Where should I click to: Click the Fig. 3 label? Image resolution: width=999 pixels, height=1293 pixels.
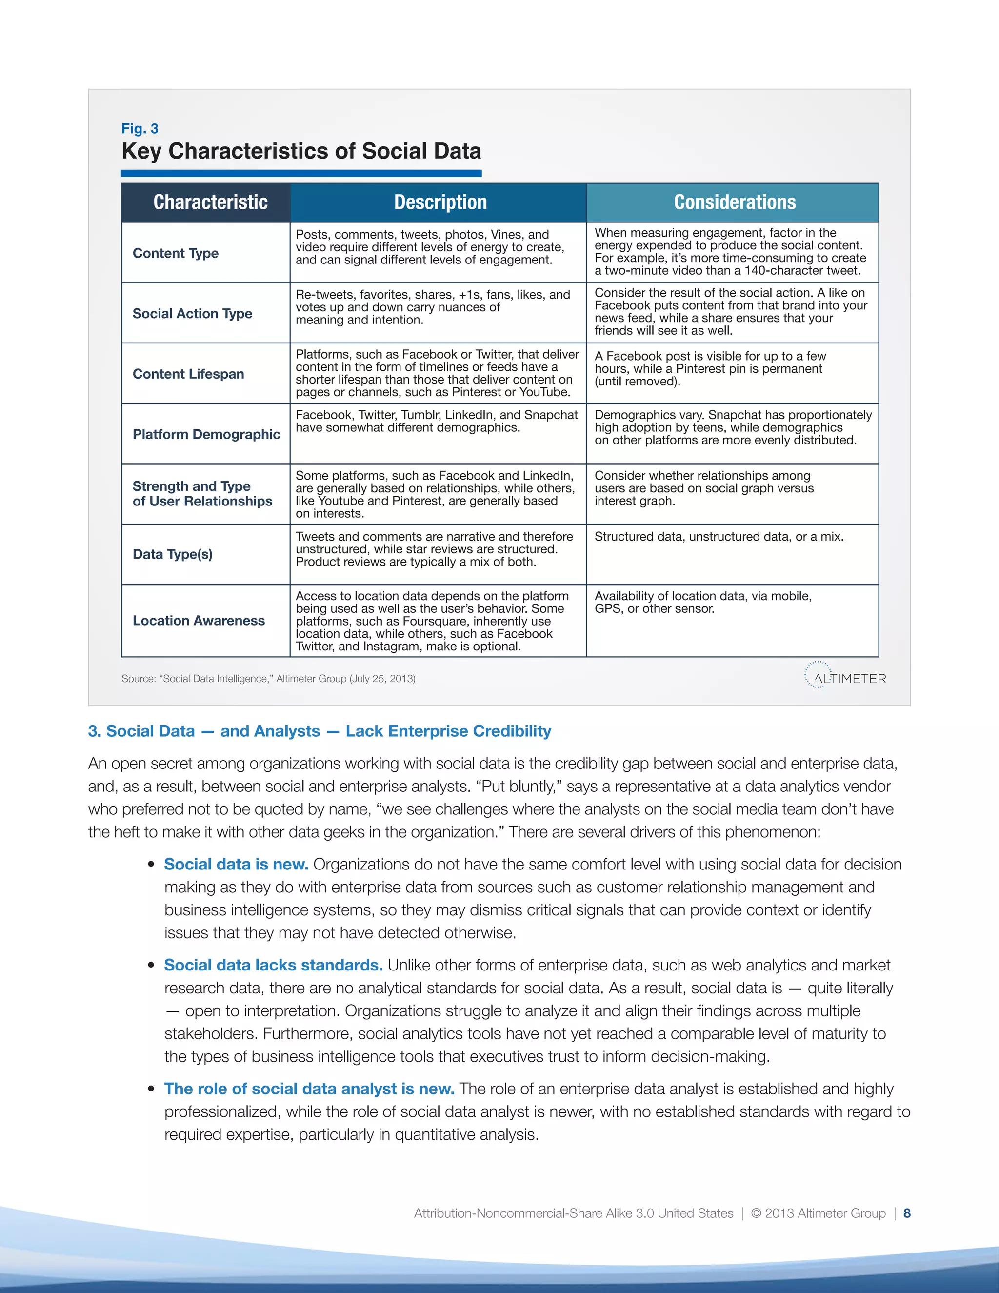coord(140,128)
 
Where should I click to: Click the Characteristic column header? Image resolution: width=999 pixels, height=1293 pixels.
coord(210,202)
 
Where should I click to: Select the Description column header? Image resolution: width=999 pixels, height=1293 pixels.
coord(440,202)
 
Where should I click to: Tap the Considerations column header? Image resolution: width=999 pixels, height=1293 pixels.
coord(735,202)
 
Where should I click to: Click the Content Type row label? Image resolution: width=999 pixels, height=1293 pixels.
coord(176,253)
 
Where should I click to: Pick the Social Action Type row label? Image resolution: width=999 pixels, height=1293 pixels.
coord(192,314)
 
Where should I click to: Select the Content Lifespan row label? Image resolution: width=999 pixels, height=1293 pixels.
coord(188,374)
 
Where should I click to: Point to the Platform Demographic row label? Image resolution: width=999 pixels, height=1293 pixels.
coord(206,435)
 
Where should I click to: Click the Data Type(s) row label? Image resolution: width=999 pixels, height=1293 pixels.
coord(172,555)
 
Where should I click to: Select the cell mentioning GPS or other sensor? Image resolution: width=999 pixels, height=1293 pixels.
coord(703,603)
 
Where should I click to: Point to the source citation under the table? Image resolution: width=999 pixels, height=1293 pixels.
coord(269,679)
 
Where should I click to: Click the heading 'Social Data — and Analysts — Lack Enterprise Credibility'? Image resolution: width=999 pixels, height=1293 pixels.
coord(320,732)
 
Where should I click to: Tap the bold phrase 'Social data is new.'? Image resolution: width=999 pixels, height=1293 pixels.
coord(236,865)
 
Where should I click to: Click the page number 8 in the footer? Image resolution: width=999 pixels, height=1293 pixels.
coord(907,1213)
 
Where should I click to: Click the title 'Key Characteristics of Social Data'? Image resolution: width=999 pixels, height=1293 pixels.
coord(301,152)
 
